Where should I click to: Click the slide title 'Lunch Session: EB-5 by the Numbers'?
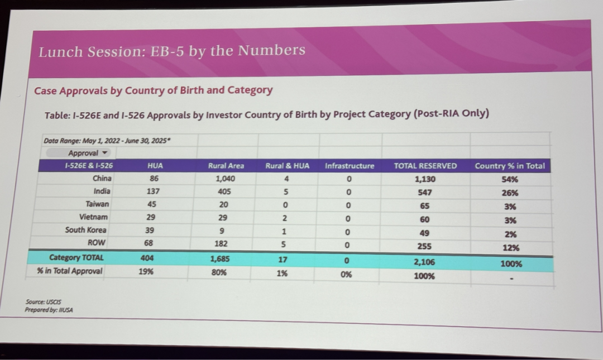[x=172, y=51]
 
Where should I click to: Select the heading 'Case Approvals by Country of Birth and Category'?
[x=154, y=90]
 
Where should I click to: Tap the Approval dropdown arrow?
[x=104, y=153]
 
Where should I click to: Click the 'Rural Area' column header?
[x=226, y=166]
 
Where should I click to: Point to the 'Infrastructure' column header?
[x=350, y=166]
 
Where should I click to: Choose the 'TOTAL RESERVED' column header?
[x=425, y=166]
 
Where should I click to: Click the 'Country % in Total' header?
[x=510, y=166]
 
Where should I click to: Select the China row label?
[x=102, y=178]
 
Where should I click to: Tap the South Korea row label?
[x=86, y=229]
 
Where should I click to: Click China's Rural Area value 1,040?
[x=226, y=179]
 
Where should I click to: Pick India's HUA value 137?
[x=153, y=191]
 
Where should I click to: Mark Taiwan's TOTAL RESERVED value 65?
[x=424, y=206]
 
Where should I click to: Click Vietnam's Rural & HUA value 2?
[x=285, y=218]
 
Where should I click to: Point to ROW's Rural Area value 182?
[x=221, y=243]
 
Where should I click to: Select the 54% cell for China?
[x=510, y=179]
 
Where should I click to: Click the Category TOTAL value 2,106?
[x=424, y=262]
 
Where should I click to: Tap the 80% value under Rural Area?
[x=219, y=272]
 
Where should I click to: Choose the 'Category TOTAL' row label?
[x=76, y=257]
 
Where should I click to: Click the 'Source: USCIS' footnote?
[x=43, y=302]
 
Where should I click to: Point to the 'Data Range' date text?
[x=107, y=141]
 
